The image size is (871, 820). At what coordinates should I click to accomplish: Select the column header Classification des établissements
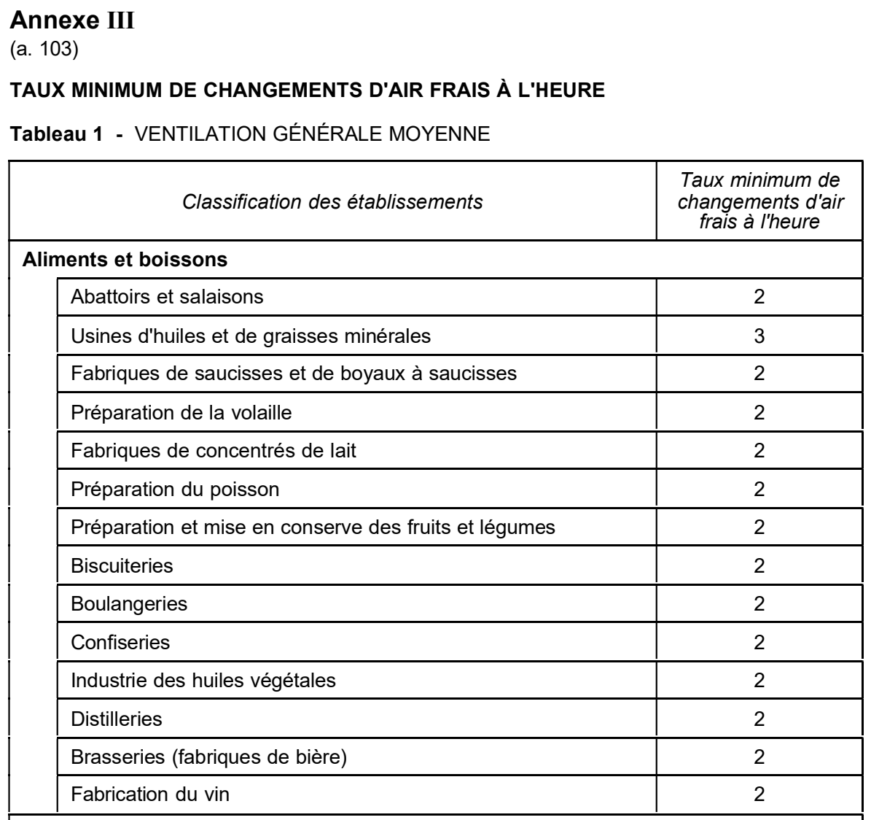tap(332, 201)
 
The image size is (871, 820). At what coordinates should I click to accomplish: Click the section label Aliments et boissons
tap(125, 260)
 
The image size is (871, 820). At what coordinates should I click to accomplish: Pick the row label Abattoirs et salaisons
tap(167, 297)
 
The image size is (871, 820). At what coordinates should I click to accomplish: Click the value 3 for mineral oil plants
tap(759, 336)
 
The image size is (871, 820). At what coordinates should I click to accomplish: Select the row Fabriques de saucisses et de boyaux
tap(294, 374)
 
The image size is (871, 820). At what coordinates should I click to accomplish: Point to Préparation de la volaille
tap(181, 412)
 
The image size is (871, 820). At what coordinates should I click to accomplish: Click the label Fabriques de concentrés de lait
tap(214, 450)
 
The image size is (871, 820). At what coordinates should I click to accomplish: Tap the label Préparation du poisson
tap(175, 489)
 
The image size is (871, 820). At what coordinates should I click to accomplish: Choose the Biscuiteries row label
tap(122, 565)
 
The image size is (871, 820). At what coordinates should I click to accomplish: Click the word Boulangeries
tap(129, 604)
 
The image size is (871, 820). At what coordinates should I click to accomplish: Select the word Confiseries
tap(120, 642)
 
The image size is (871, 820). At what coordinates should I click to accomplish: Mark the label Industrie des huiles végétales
tap(203, 681)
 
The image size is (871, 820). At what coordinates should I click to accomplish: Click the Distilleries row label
tap(117, 719)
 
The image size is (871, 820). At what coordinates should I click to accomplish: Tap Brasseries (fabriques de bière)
tap(208, 757)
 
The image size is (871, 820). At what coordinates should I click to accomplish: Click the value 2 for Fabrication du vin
tap(759, 794)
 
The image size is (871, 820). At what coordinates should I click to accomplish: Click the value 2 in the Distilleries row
tap(759, 719)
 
